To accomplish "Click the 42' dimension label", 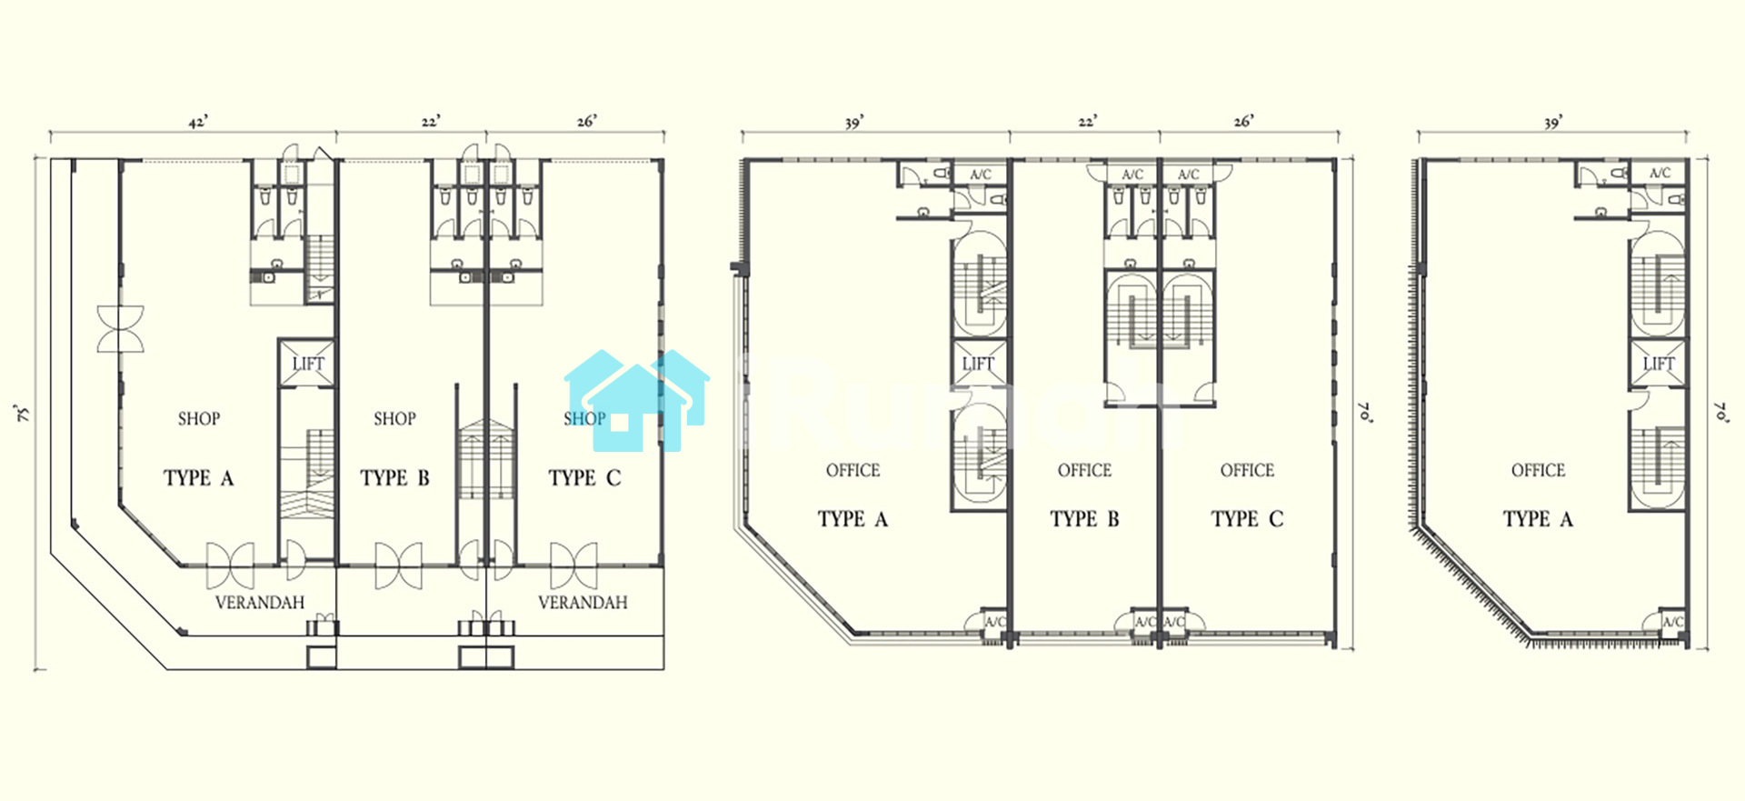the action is (x=198, y=122).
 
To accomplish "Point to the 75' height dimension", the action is (x=23, y=414).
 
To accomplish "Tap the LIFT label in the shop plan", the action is (x=308, y=364).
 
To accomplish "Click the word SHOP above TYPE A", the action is (x=199, y=419).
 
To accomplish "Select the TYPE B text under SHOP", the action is (x=394, y=478).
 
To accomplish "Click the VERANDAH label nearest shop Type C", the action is (x=583, y=603).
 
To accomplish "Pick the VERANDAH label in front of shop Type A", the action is (x=260, y=603).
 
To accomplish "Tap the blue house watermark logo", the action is (x=637, y=401).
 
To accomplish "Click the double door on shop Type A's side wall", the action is (x=121, y=328).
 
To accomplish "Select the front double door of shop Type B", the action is (x=398, y=566).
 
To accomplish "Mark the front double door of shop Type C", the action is (x=574, y=566).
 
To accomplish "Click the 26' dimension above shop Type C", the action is (x=587, y=121).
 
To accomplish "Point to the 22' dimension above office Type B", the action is (x=1088, y=121).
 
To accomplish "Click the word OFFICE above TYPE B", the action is (x=1084, y=471).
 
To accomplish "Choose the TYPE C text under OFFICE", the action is (x=1247, y=519).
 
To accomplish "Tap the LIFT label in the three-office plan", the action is (x=978, y=364).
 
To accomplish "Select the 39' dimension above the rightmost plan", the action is (x=1552, y=122).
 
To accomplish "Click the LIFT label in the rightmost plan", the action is (x=1659, y=364).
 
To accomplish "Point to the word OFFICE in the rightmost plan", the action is (x=1538, y=471).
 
